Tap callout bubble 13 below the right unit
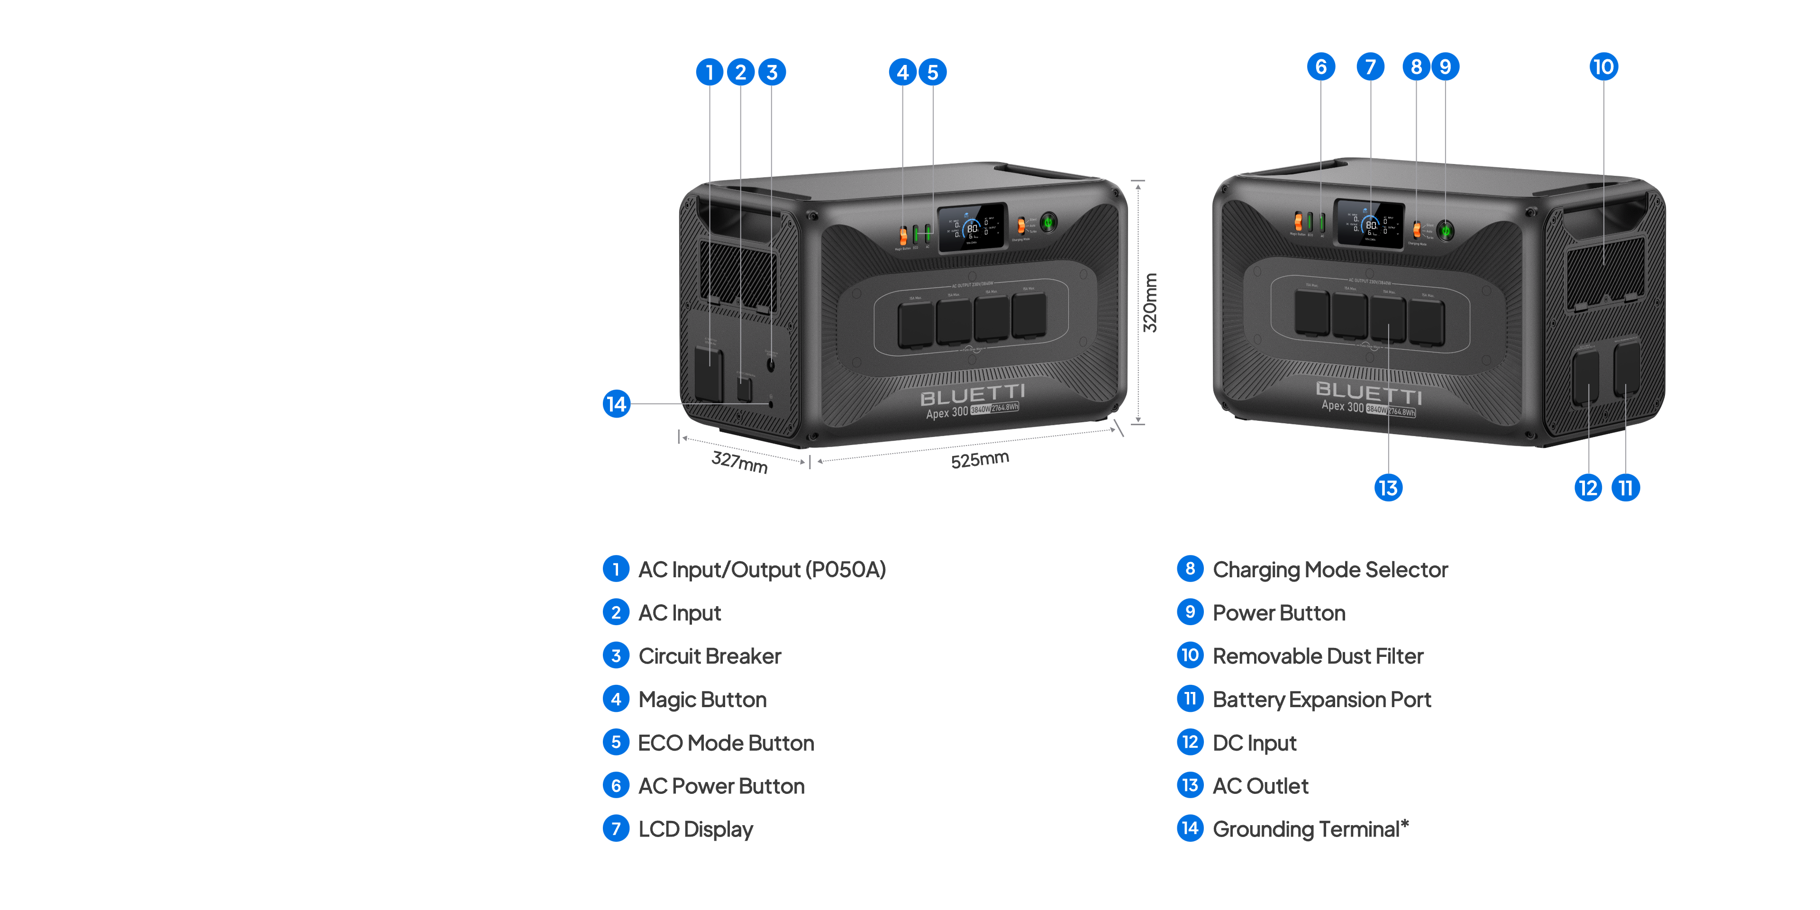[x=1388, y=488]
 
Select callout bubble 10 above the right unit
[x=1603, y=67]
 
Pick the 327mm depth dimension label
[x=739, y=462]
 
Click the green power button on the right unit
[x=1446, y=230]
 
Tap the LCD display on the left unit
[x=972, y=227]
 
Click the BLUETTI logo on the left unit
[x=972, y=395]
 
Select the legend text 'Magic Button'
[x=702, y=700]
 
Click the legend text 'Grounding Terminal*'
[x=1310, y=829]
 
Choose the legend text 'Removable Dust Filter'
[x=1318, y=656]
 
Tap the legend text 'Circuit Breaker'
[x=710, y=656]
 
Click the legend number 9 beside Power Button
[x=1190, y=612]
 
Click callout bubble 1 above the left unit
[x=710, y=72]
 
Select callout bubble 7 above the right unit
[x=1370, y=67]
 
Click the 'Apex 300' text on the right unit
[x=1342, y=406]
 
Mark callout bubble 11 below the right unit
[x=1625, y=488]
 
